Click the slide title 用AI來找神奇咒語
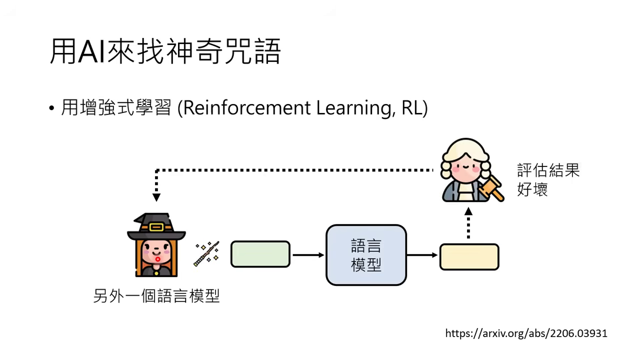point(165,51)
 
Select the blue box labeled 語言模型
point(366,255)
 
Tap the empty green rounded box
point(260,254)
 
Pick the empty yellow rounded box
point(469,257)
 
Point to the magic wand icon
point(207,254)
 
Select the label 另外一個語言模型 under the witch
point(156,296)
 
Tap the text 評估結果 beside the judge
point(548,170)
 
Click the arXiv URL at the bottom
point(526,333)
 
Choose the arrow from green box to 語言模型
point(308,255)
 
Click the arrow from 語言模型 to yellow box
point(422,255)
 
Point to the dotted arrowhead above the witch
point(156,197)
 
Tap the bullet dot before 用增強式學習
point(52,108)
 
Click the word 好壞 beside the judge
point(532,190)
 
